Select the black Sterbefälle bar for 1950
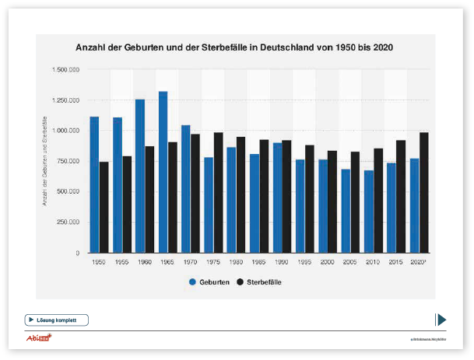tap(104, 207)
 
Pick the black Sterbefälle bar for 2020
tap(423, 192)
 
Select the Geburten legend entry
tap(209, 282)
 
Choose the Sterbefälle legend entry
tap(259, 282)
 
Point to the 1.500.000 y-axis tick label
tap(66, 70)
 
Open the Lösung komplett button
tap(57, 320)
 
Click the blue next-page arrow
tap(441, 319)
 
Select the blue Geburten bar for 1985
tap(255, 203)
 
